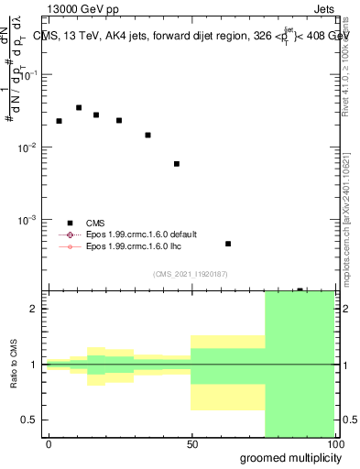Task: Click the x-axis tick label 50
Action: click(192, 443)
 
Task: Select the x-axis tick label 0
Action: click(49, 443)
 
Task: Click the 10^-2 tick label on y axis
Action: click(28, 147)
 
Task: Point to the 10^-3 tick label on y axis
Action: click(28, 220)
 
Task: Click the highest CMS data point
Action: click(79, 108)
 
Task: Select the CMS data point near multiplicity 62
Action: click(228, 244)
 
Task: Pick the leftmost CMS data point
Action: click(59, 121)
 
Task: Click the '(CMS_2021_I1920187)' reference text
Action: click(191, 274)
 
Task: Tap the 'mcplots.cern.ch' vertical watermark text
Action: click(345, 229)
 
